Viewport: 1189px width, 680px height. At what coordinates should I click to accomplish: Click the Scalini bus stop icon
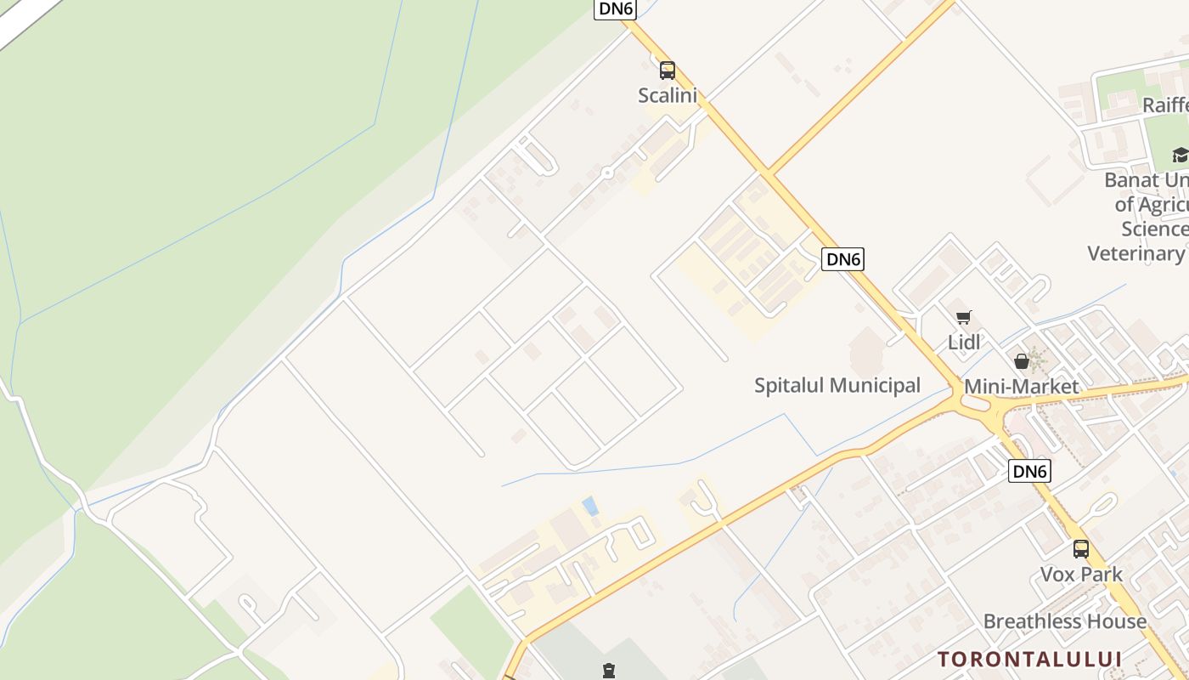point(668,70)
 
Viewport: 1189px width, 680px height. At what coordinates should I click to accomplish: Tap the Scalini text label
point(668,95)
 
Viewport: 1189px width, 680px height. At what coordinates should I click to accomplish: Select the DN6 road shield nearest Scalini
point(615,8)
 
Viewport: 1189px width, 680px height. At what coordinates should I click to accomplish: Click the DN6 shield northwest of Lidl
point(842,259)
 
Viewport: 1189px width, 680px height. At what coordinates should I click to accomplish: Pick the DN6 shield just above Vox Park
point(1029,471)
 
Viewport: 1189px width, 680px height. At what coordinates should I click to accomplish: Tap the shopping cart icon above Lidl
point(963,318)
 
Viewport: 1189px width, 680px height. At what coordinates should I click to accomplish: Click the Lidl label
point(964,343)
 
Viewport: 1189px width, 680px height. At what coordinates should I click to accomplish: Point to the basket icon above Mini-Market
point(1022,361)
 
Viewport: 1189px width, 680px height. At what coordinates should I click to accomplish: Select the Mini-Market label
point(1022,387)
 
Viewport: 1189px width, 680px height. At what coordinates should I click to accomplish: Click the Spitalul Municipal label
point(837,386)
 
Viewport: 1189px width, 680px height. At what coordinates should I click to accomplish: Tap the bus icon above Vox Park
point(1080,549)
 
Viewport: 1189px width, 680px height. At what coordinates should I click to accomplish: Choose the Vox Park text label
point(1082,575)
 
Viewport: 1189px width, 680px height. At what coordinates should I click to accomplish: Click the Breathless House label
point(1065,621)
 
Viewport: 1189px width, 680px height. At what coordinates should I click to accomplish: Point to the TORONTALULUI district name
point(1030,659)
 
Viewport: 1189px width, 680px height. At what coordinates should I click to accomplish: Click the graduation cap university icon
point(1181,155)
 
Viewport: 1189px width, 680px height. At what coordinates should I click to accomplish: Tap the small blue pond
point(589,507)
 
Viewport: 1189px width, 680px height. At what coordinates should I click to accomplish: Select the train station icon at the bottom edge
point(608,671)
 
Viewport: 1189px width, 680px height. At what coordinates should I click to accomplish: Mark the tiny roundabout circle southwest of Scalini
point(607,173)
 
